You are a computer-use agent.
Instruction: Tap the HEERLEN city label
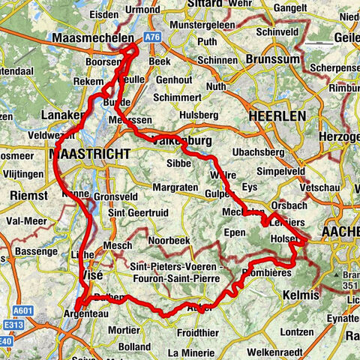point(277,116)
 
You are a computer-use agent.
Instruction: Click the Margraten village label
point(175,186)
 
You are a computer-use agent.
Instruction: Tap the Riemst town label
point(29,196)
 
